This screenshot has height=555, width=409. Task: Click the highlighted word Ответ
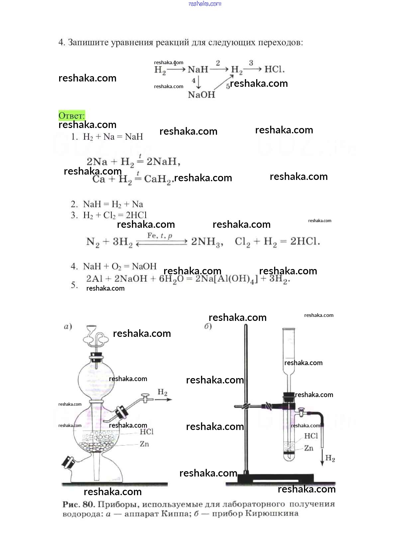coord(71,116)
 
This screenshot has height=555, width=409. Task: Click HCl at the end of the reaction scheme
coord(274,69)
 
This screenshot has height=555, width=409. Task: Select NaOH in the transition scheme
coord(201,95)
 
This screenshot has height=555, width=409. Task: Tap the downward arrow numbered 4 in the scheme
coord(198,82)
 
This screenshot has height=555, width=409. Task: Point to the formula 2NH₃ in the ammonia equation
coord(207,242)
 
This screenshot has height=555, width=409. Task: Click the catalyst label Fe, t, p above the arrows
coord(160,236)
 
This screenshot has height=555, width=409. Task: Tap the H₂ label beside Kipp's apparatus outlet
coord(162,392)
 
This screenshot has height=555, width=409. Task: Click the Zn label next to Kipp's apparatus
coord(144,444)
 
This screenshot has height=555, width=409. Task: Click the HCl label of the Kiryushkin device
coord(311,436)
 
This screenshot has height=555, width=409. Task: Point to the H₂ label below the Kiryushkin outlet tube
coord(330,458)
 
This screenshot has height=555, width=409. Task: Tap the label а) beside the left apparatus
coord(68,327)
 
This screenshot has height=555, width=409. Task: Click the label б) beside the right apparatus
coord(208,326)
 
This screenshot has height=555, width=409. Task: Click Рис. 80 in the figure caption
coord(78,504)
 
